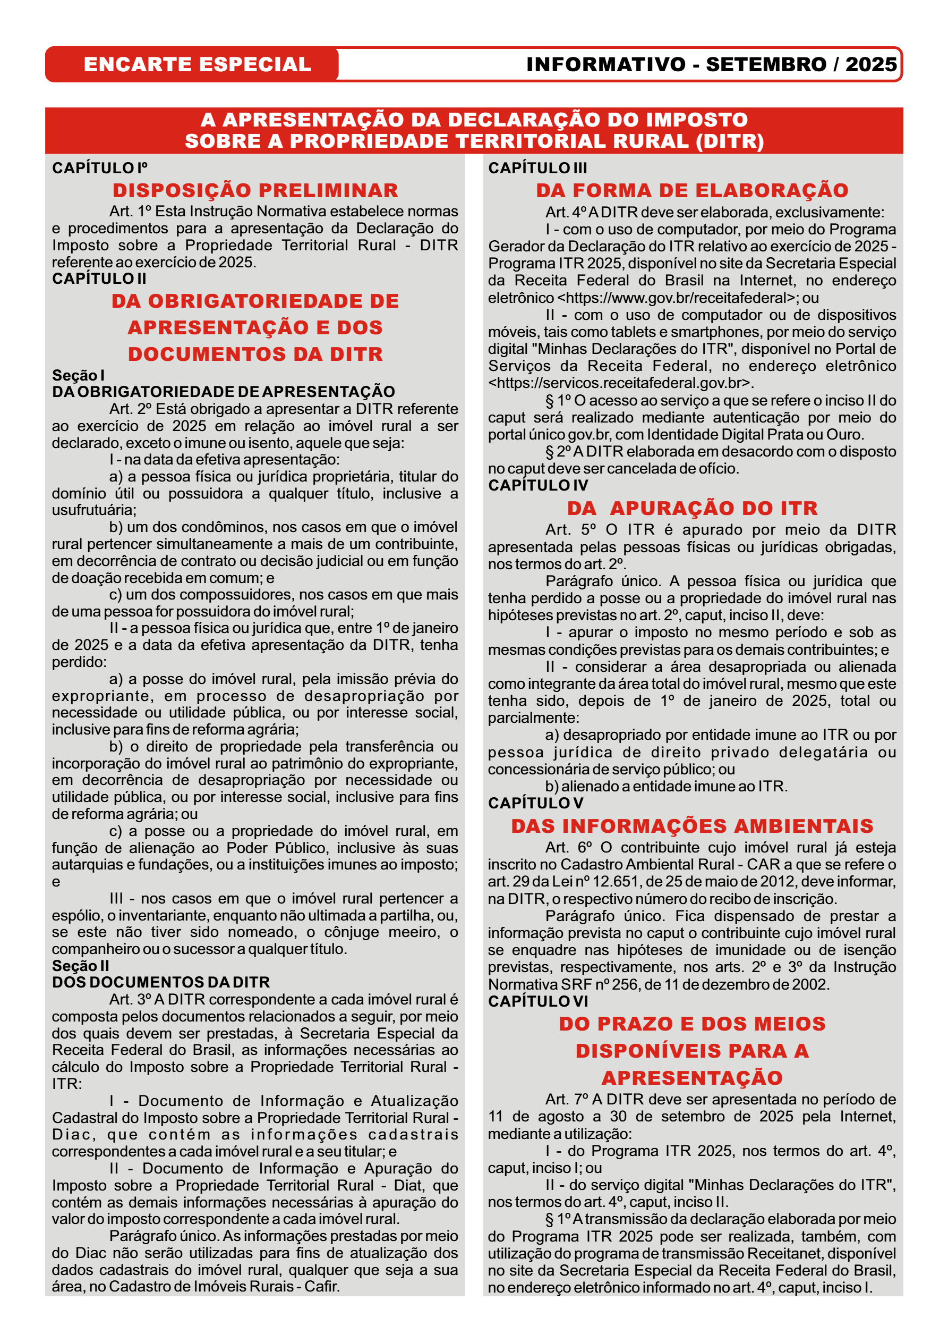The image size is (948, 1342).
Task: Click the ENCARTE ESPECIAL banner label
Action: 197,64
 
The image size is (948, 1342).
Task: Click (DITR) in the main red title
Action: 730,141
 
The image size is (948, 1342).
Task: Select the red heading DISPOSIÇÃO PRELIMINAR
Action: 255,191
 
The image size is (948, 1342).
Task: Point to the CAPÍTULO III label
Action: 537,168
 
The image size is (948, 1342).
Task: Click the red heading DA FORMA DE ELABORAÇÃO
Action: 692,191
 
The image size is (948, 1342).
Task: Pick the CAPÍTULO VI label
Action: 538,1001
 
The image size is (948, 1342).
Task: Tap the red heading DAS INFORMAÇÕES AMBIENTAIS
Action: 692,826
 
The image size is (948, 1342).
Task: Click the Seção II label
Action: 81,966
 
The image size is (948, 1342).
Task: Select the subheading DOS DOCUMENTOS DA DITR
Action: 160,983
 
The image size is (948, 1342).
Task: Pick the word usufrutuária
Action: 93,510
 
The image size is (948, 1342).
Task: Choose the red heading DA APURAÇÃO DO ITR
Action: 692,509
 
